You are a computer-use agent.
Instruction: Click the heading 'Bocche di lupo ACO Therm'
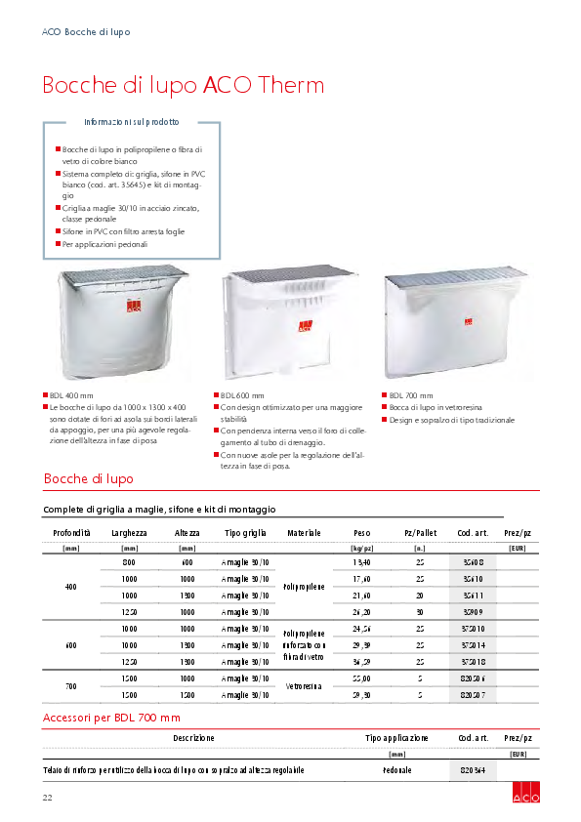(x=183, y=85)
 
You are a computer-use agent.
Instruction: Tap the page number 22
(x=47, y=799)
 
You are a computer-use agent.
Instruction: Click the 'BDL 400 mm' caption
(x=67, y=395)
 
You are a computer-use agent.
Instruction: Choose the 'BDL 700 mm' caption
(x=403, y=395)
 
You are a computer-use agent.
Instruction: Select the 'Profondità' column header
(x=70, y=533)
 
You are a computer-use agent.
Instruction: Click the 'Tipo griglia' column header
(x=245, y=533)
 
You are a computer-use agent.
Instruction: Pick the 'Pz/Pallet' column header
(x=420, y=533)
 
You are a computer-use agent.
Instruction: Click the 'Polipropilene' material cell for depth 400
(x=304, y=587)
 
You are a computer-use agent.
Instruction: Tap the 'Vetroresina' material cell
(x=304, y=686)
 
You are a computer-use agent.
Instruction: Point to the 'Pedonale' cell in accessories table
(x=396, y=770)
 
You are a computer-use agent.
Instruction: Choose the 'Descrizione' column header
(x=193, y=738)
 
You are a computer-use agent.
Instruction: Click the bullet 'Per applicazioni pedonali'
(x=104, y=244)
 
